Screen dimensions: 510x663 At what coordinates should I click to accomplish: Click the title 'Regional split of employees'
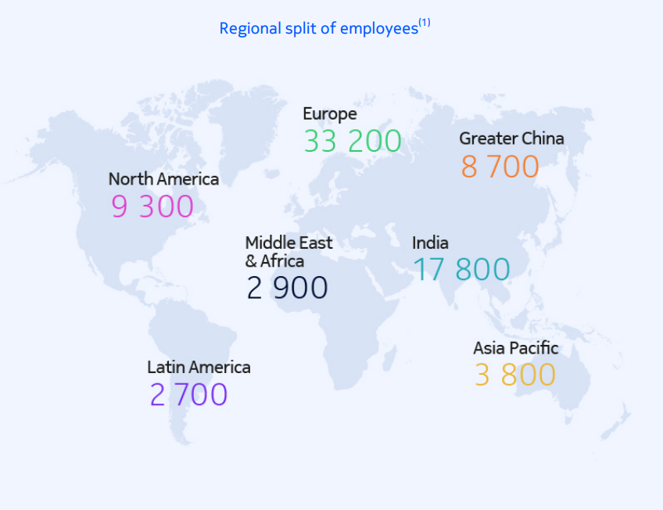click(318, 29)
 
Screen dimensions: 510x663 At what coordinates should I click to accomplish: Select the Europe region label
click(329, 114)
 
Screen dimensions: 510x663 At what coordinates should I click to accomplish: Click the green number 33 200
click(352, 142)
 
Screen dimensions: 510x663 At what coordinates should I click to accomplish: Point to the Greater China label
click(511, 138)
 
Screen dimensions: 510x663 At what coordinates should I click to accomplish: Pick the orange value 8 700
click(500, 167)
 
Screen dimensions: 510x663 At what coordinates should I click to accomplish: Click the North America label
click(163, 179)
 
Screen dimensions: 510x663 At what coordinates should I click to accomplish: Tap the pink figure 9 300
click(152, 207)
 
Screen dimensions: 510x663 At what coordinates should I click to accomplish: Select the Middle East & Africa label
click(288, 251)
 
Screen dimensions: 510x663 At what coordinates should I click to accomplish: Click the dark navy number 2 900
click(287, 288)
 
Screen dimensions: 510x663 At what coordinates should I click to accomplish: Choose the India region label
click(430, 242)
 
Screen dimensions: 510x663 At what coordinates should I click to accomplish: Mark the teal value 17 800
click(461, 270)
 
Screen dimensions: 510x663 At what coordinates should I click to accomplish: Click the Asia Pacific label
click(515, 348)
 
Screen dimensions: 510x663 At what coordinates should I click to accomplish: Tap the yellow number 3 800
click(514, 375)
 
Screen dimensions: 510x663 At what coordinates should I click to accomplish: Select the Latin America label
click(199, 367)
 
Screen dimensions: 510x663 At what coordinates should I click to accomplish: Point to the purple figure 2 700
click(188, 395)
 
